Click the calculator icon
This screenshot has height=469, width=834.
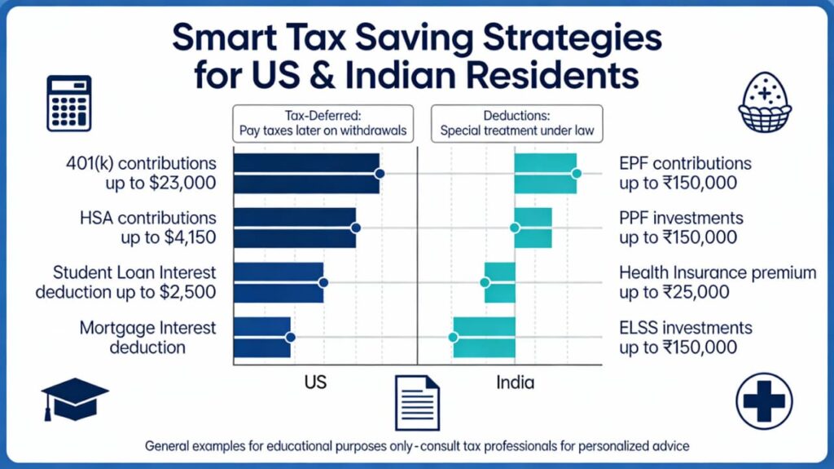pyautogui.click(x=69, y=104)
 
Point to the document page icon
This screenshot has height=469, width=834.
pyautogui.click(x=417, y=401)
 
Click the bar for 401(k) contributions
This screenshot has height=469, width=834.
pyautogui.click(x=306, y=174)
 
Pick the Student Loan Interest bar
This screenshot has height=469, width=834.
pyautogui.click(x=279, y=282)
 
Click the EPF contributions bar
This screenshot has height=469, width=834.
pyautogui.click(x=546, y=174)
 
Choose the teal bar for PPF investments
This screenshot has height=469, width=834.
pyautogui.click(x=533, y=228)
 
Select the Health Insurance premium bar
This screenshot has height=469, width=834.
pyautogui.click(x=500, y=282)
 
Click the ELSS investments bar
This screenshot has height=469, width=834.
pyautogui.click(x=485, y=337)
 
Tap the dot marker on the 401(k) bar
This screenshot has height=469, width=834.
pyautogui.click(x=379, y=174)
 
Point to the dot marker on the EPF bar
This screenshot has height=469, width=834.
pyautogui.click(x=577, y=174)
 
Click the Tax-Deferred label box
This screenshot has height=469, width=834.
pyautogui.click(x=323, y=123)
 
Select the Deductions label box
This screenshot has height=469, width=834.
pyautogui.click(x=516, y=123)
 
